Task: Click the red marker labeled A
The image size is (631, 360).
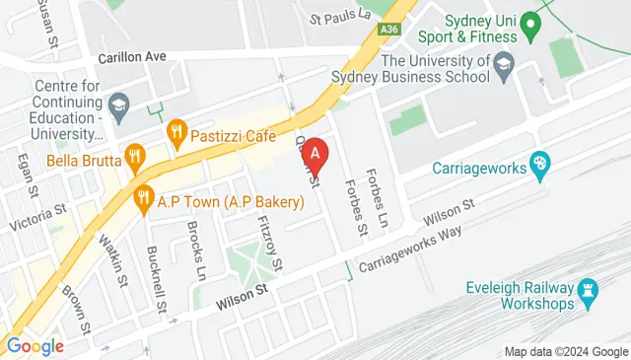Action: (314, 154)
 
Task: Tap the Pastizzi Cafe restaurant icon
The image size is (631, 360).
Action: (177, 129)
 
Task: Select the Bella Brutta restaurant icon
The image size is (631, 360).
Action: (135, 155)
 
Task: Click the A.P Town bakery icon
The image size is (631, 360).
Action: (144, 196)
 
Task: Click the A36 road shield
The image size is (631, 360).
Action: (391, 32)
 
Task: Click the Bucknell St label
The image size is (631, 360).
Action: (154, 271)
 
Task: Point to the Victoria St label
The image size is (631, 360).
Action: (36, 217)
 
